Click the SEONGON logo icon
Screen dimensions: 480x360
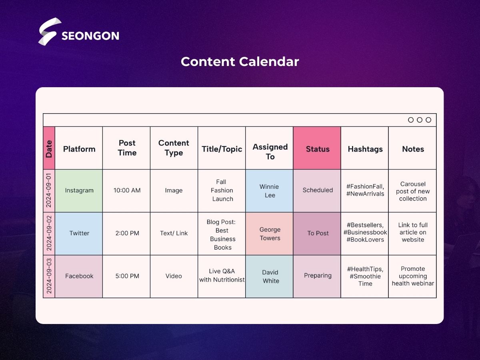[50, 31]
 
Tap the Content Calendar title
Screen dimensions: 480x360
[240, 62]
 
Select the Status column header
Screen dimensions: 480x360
[317, 148]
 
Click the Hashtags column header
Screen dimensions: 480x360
[364, 148]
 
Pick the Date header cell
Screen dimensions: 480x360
[49, 148]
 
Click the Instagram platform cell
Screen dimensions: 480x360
[79, 191]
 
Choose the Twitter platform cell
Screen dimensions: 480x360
[79, 234]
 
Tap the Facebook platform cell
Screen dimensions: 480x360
[79, 276]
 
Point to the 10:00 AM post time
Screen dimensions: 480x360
[127, 190]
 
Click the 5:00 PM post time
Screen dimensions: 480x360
[127, 276]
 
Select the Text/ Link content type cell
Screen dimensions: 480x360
[174, 234]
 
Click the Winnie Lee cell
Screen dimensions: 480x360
[269, 191]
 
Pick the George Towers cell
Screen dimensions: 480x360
[269, 234]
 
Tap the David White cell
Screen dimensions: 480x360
[269, 276]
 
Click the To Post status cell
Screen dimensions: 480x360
[317, 234]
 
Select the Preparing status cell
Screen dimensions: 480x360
[317, 276]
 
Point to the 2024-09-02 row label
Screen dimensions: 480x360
[49, 233]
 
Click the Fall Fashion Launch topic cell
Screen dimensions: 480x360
[222, 191]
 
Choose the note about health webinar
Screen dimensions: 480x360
[413, 276]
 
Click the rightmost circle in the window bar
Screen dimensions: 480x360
[428, 120]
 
